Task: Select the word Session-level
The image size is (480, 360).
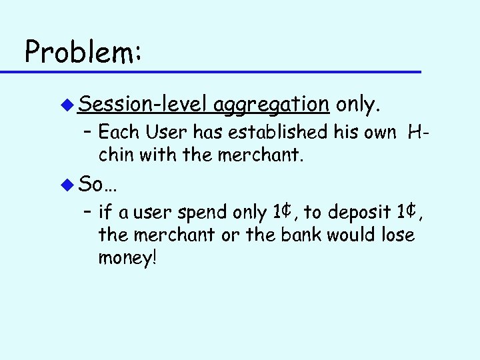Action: click(x=144, y=104)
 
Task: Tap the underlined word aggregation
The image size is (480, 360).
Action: click(x=271, y=105)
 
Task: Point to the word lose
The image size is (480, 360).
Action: click(x=397, y=235)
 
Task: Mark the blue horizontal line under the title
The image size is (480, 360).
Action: click(x=220, y=71)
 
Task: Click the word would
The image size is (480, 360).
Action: click(x=360, y=235)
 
